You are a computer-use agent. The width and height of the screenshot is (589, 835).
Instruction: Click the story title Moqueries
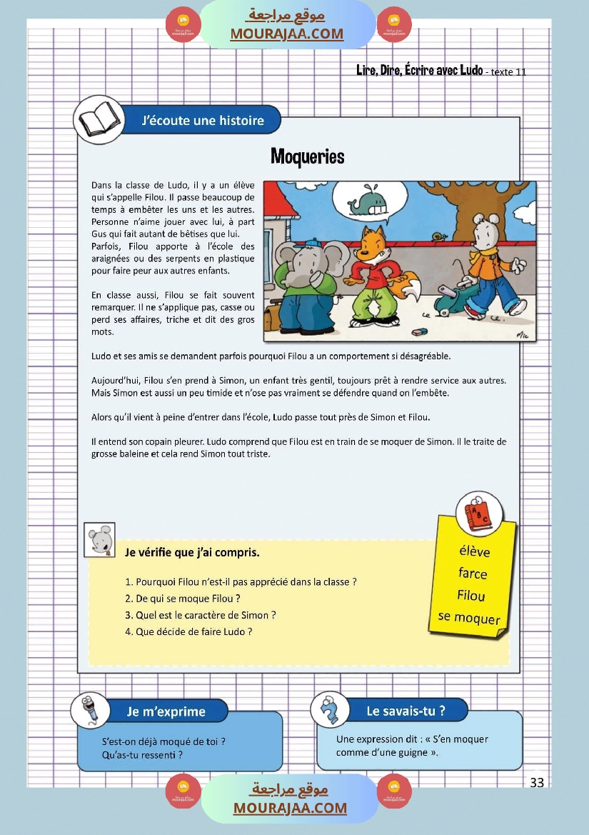click(x=307, y=156)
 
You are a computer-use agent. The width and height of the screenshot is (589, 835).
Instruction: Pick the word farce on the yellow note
click(x=473, y=574)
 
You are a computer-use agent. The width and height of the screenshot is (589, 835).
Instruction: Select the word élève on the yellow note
click(x=474, y=551)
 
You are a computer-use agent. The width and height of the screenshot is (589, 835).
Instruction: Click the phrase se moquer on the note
click(x=469, y=618)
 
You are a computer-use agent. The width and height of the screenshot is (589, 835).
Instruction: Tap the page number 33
click(x=537, y=783)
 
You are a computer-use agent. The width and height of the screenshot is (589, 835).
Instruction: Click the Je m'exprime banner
click(x=166, y=711)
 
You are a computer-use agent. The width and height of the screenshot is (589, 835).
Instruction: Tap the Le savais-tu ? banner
click(x=406, y=711)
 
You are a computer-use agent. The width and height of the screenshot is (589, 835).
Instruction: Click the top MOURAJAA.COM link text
click(x=286, y=34)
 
